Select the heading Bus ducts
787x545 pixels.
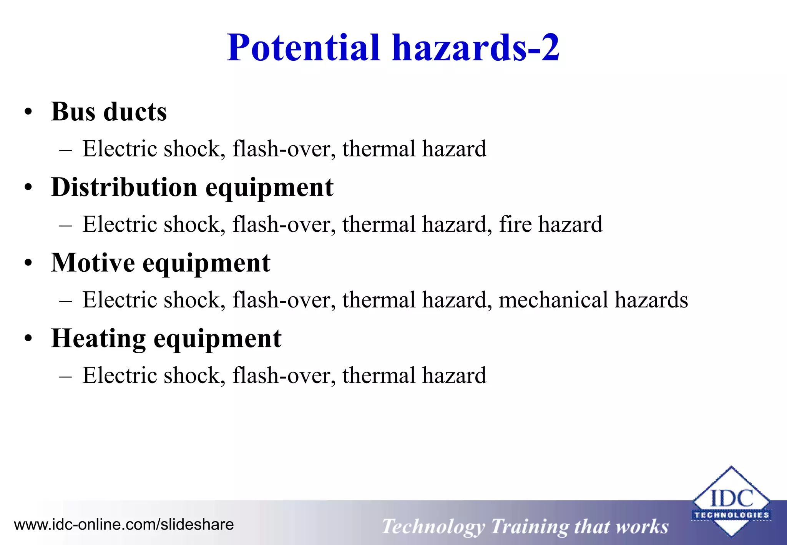[109, 112]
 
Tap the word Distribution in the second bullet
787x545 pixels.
[124, 188]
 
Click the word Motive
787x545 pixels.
[93, 263]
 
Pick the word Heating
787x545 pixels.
[98, 339]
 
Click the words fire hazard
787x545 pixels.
[550, 224]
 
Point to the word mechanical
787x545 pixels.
[553, 300]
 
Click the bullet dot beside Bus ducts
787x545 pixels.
[28, 113]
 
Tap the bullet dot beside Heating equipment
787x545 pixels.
[28, 339]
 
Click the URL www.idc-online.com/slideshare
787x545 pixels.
[124, 525]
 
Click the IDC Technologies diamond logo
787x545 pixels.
[731, 501]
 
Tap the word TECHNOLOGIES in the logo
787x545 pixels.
[731, 515]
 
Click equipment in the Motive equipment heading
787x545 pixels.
[206, 264]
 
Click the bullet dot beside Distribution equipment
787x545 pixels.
[28, 188]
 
